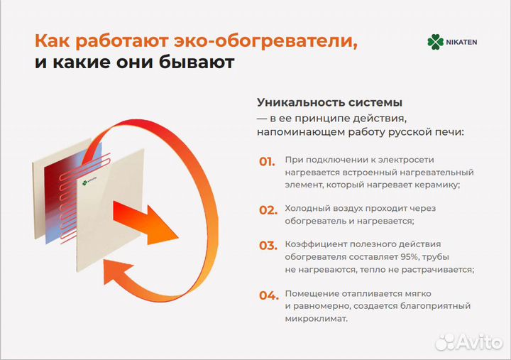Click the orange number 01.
[x=267, y=161]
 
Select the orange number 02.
[x=267, y=209]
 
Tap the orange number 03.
[x=267, y=245]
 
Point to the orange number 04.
[x=267, y=294]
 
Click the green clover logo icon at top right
[x=435, y=42]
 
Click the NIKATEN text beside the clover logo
[x=462, y=42]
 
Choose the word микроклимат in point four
[x=316, y=319]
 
